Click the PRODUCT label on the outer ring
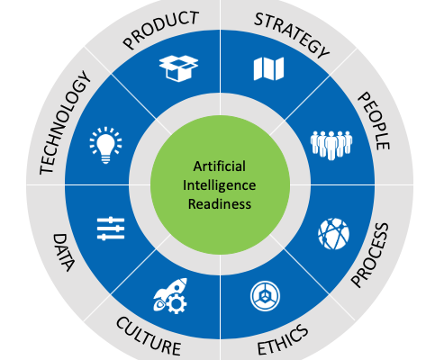(161, 29)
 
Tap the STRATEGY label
(292, 35)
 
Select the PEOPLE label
(374, 121)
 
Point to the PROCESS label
(370, 255)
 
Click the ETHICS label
(283, 340)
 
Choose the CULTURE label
(149, 336)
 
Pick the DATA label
(63, 252)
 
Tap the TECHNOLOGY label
(65, 122)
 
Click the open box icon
(178, 68)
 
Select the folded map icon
(268, 69)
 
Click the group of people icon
(331, 145)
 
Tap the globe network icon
(333, 234)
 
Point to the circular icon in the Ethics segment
(265, 296)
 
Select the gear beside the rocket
(177, 303)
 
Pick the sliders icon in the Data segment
(111, 229)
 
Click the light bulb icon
(105, 145)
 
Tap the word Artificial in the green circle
(220, 166)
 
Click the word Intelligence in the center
(220, 185)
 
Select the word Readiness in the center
(220, 204)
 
